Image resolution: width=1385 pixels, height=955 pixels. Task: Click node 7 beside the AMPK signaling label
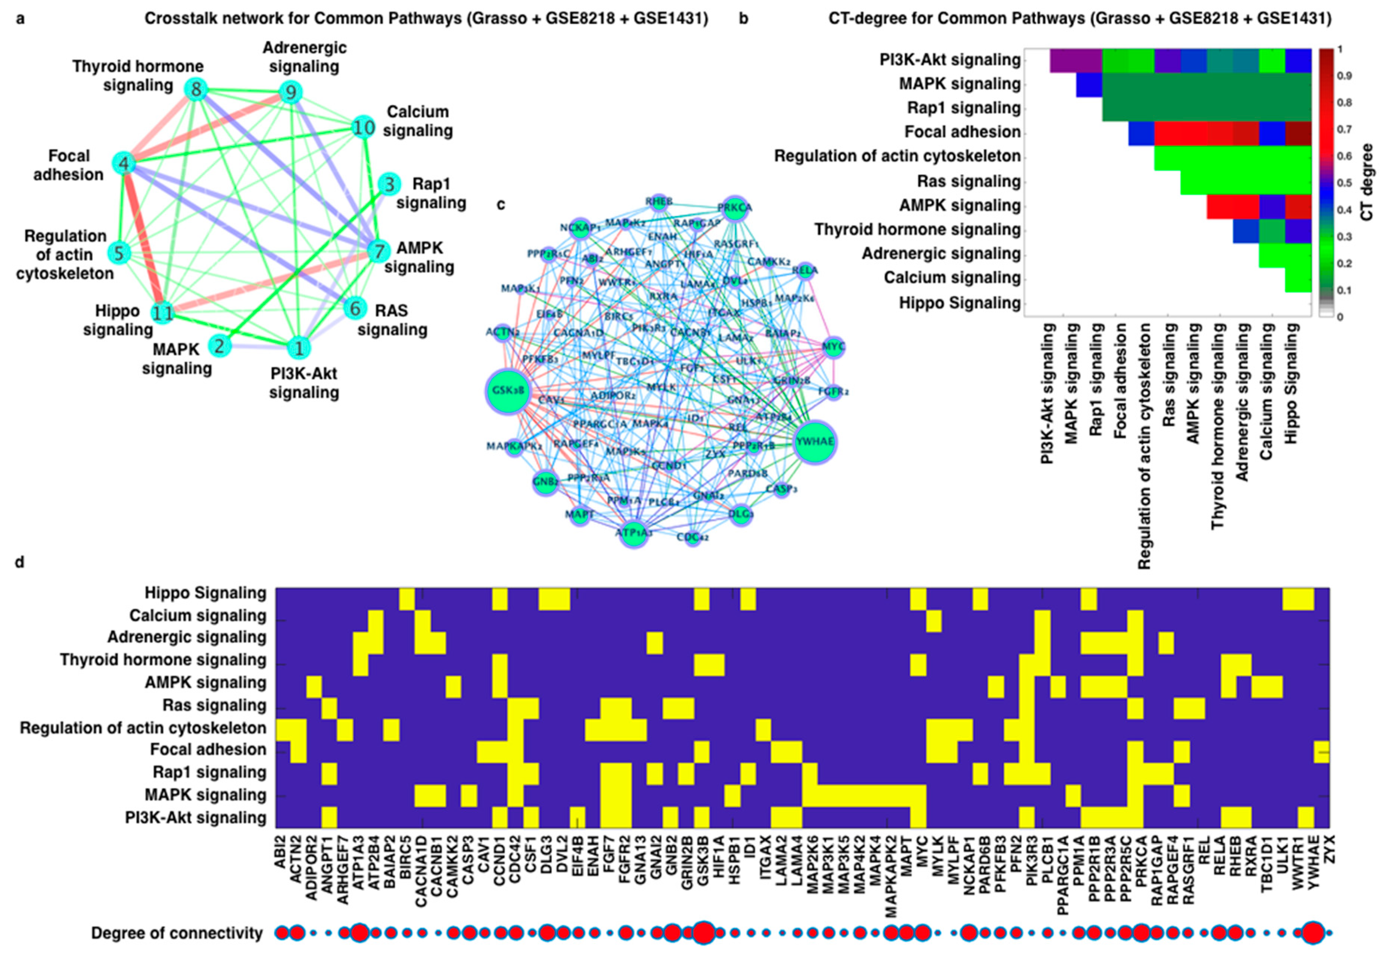click(378, 251)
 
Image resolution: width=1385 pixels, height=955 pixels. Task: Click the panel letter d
click(20, 563)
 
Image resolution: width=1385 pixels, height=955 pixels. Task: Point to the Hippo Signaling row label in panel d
click(205, 593)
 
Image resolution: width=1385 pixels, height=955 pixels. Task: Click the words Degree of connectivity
click(177, 933)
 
